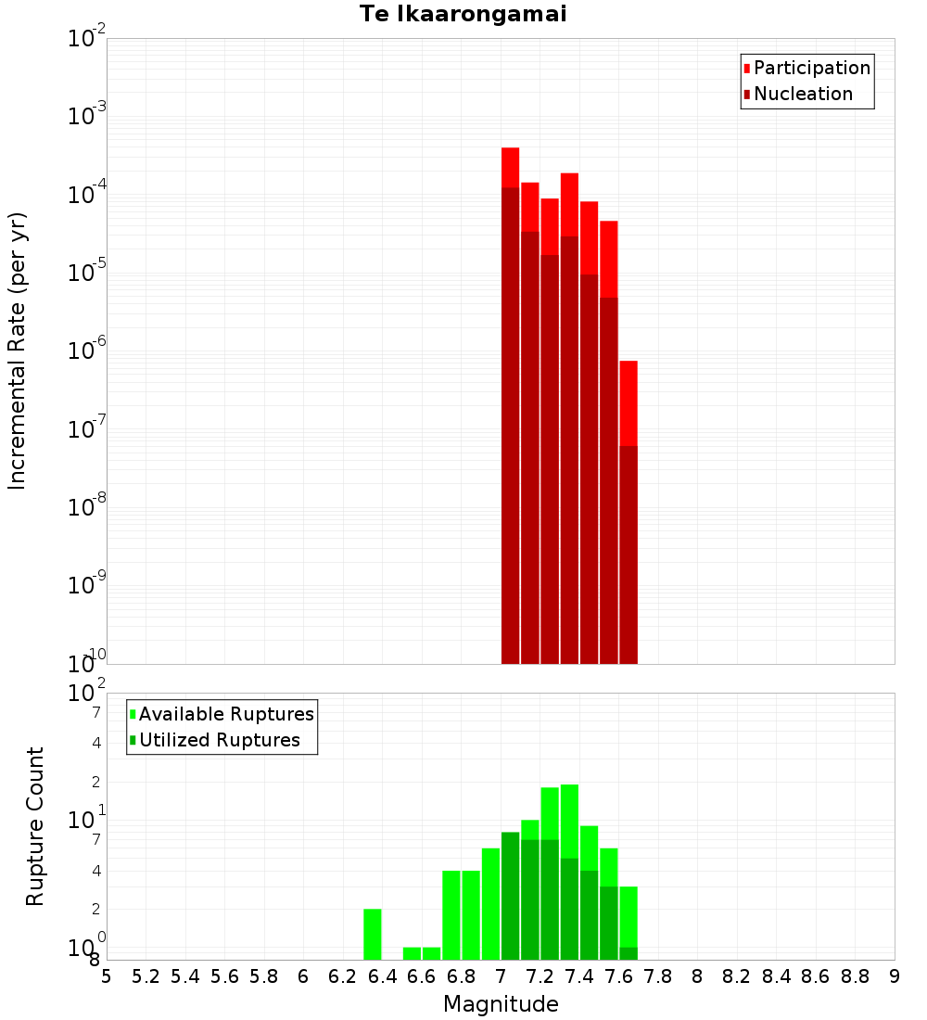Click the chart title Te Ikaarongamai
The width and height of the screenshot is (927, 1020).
pyautogui.click(x=463, y=14)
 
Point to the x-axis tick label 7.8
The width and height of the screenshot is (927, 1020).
pyautogui.click(x=658, y=976)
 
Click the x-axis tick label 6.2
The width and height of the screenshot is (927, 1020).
pyautogui.click(x=343, y=976)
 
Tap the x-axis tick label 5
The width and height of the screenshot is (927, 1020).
pyautogui.click(x=107, y=976)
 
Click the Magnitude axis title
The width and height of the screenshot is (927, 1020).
pyautogui.click(x=501, y=1004)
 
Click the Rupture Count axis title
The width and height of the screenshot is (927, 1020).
pyautogui.click(x=35, y=826)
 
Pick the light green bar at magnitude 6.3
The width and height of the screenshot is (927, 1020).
pyautogui.click(x=372, y=935)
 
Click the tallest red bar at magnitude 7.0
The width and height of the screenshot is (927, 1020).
pyautogui.click(x=510, y=167)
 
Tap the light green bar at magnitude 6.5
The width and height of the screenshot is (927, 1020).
pyautogui.click(x=412, y=953)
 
